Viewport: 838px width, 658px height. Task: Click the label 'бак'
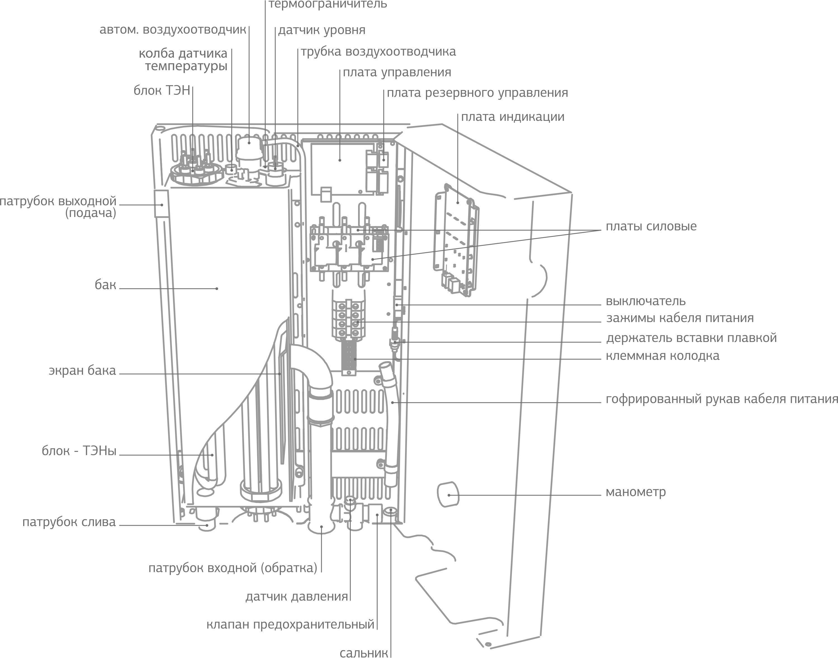(105, 285)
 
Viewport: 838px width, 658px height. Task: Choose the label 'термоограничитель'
(327, 5)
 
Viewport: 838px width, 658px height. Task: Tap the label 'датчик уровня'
(321, 30)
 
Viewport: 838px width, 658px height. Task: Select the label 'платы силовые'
(651, 226)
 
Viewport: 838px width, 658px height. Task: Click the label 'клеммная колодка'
(662, 356)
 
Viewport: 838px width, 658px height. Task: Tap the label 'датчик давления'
(297, 597)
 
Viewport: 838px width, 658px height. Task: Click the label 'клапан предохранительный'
(290, 624)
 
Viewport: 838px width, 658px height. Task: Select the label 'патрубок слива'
(69, 522)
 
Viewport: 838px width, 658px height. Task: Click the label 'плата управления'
(397, 72)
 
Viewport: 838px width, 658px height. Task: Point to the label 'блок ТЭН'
(162, 91)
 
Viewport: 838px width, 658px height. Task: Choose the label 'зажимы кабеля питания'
(680, 318)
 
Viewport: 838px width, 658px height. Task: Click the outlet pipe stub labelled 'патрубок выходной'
(161, 204)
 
